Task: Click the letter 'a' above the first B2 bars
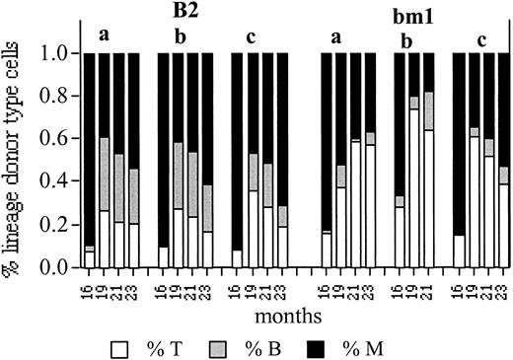pos(104,36)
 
